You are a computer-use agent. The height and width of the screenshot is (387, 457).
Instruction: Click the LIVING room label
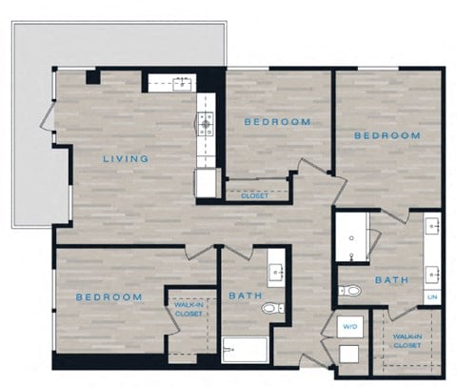click(125, 158)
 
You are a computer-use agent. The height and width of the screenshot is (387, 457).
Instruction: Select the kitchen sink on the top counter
click(180, 84)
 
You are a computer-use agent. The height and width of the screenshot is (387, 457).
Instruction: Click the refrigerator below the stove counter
click(207, 182)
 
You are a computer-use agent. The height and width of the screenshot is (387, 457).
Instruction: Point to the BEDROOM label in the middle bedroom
click(276, 122)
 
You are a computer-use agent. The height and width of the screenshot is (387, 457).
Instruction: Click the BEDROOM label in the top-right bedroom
click(387, 135)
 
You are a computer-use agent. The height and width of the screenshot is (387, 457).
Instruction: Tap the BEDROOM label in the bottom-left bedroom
click(109, 297)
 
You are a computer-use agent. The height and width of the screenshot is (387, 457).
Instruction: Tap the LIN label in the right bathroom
click(432, 297)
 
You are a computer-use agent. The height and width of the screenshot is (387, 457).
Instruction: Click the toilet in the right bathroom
click(350, 291)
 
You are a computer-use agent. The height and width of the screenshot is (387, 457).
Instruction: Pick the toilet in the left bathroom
click(272, 308)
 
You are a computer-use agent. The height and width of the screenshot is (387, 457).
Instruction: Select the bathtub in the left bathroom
click(245, 350)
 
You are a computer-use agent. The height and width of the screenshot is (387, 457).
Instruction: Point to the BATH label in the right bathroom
click(391, 280)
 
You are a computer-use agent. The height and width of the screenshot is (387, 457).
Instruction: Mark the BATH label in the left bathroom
click(244, 295)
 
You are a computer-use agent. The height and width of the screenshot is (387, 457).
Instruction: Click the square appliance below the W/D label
click(348, 354)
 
